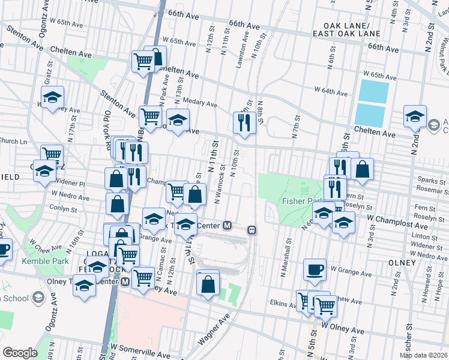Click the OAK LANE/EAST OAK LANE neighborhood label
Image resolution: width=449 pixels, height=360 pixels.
351,30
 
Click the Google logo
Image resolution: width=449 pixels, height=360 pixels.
20,353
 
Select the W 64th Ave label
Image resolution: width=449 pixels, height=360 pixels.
331,93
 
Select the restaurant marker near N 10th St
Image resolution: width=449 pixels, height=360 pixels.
244,122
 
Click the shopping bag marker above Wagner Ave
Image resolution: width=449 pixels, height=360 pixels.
208,285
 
